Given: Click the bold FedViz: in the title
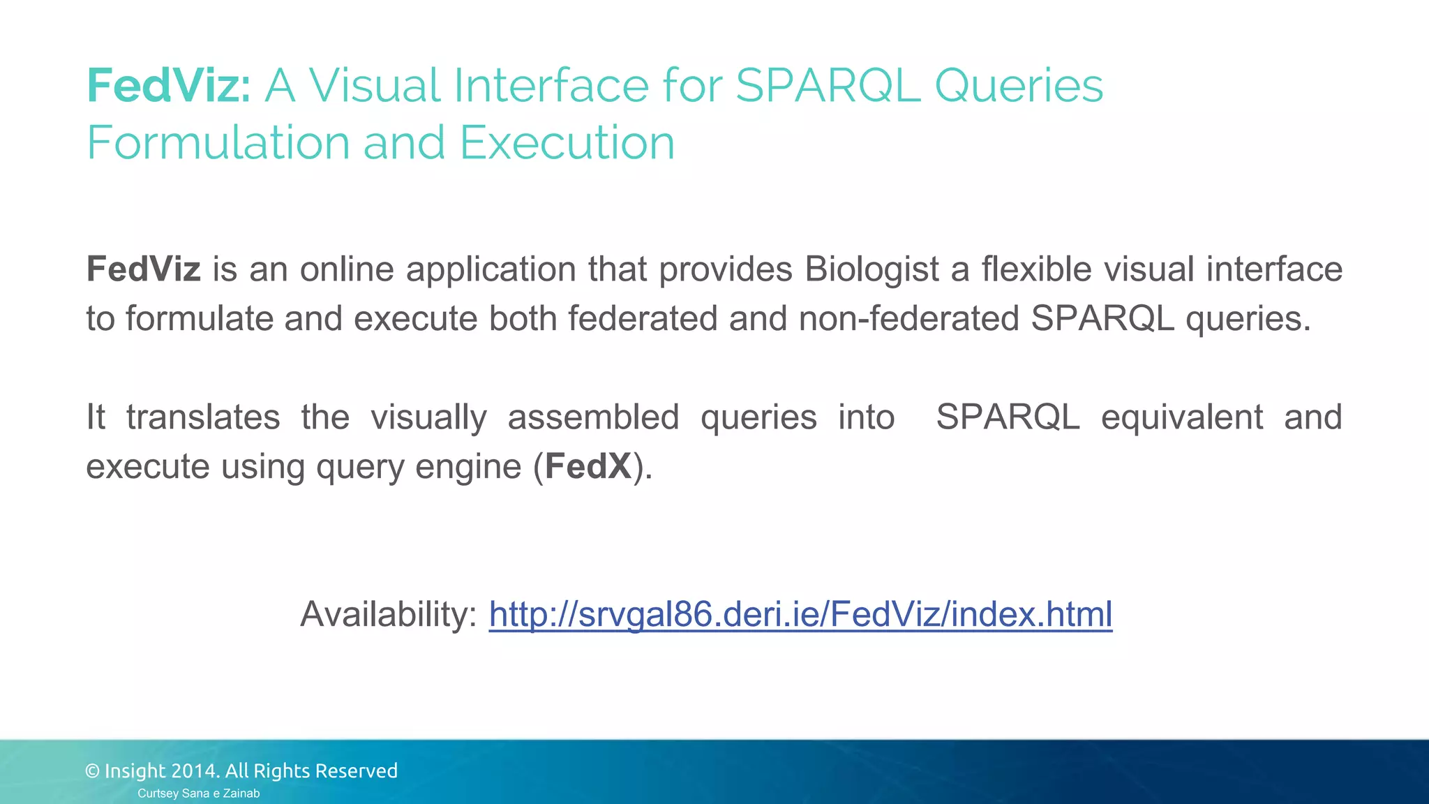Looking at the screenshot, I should (x=168, y=86).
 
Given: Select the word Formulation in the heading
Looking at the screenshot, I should (x=217, y=142).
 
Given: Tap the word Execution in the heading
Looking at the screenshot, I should (x=567, y=142).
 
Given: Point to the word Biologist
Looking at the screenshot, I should (x=871, y=269).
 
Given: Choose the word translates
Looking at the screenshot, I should (x=202, y=417).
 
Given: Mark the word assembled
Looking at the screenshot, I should (x=593, y=417).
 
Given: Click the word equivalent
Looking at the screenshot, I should (x=1181, y=417).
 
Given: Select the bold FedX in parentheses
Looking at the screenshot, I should (x=588, y=466).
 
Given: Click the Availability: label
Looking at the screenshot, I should (x=389, y=615).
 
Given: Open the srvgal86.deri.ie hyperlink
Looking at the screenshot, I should (x=800, y=615).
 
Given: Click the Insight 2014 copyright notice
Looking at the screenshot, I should (x=241, y=770).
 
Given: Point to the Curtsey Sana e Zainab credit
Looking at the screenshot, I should (x=198, y=794).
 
